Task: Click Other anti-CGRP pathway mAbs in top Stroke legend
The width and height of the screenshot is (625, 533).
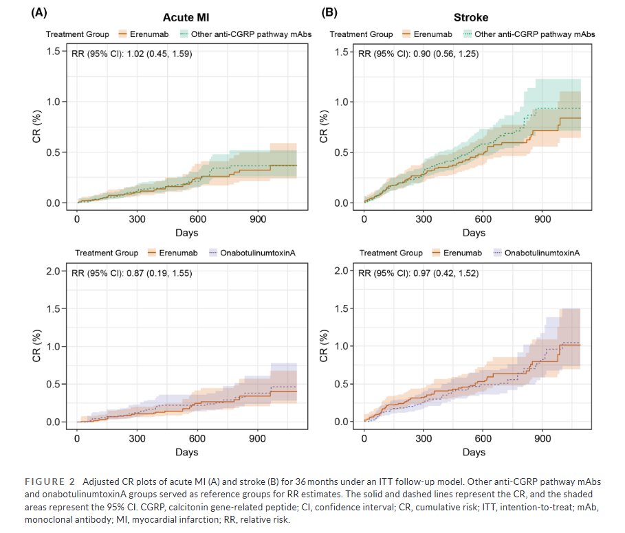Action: click(x=534, y=34)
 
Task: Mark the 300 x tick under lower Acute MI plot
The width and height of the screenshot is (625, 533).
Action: click(x=137, y=438)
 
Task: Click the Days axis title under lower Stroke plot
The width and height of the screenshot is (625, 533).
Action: click(x=474, y=453)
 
